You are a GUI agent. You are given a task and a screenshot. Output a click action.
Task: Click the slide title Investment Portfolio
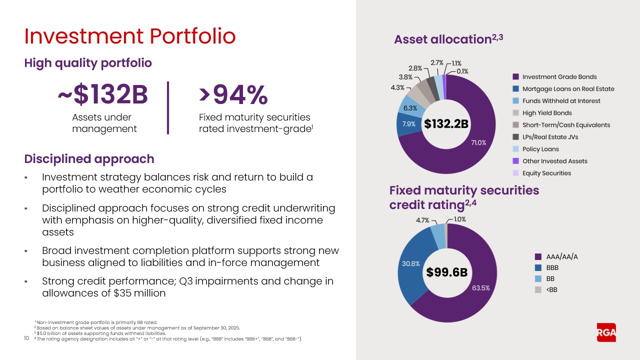[x=129, y=36]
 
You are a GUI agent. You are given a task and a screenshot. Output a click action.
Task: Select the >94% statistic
[x=233, y=95]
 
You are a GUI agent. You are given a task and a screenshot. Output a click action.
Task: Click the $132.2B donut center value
[x=446, y=124]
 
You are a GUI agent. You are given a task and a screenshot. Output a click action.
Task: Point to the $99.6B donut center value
[x=446, y=272]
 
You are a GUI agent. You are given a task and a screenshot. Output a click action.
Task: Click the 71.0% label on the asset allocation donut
[x=478, y=142]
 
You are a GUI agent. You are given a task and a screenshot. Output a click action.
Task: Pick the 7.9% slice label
[x=408, y=124]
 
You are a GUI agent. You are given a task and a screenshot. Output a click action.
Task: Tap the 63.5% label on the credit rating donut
[x=480, y=288]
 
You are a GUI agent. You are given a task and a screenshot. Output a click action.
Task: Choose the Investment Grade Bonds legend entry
[x=559, y=77]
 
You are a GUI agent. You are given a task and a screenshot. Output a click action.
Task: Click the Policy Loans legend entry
[x=540, y=149]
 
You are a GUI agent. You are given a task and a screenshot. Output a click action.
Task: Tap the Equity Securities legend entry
[x=546, y=173]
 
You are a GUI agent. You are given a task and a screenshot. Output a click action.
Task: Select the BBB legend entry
[x=552, y=268]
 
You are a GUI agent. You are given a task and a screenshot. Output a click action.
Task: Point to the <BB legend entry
[x=551, y=289]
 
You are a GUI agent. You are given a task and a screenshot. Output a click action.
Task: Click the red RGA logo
[x=606, y=332]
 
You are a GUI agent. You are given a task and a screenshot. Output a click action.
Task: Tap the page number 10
[x=26, y=338]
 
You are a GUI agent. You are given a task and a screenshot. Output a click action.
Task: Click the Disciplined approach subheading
[x=89, y=159]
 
